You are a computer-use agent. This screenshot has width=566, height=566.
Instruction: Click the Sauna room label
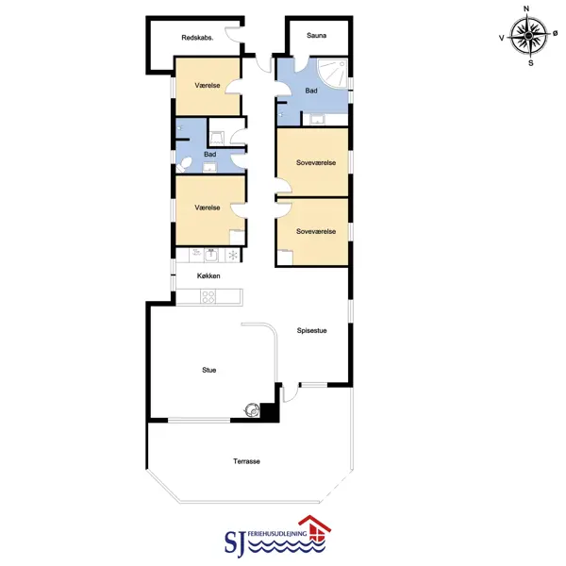pyautogui.click(x=317, y=36)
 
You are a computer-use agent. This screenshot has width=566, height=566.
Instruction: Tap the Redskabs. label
pyautogui.click(x=197, y=38)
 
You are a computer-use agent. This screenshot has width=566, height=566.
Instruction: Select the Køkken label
pyautogui.click(x=208, y=275)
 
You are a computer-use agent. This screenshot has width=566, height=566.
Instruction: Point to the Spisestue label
pyautogui.click(x=312, y=330)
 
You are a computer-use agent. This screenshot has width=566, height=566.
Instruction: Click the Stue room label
pyautogui.click(x=209, y=370)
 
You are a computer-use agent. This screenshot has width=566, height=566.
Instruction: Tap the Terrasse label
pyautogui.click(x=246, y=461)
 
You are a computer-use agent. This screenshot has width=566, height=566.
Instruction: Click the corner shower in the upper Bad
pyautogui.click(x=332, y=73)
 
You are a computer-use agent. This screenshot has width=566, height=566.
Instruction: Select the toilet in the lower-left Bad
pyautogui.click(x=184, y=164)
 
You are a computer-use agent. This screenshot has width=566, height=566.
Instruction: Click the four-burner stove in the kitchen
pyautogui.click(x=208, y=297)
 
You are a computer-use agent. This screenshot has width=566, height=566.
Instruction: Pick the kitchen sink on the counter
pyautogui.click(x=210, y=255)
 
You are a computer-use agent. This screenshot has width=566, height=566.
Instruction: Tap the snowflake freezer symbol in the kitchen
pyautogui.click(x=233, y=256)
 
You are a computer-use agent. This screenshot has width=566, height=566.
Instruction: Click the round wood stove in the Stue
pyautogui.click(x=252, y=409)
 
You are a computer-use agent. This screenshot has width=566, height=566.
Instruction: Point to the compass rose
pyautogui.click(x=529, y=36)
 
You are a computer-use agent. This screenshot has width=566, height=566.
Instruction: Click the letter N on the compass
pyautogui.click(x=526, y=8)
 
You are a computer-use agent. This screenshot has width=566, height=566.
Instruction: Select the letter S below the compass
pyautogui.click(x=530, y=63)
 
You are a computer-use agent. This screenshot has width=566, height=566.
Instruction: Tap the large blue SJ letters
pyautogui.click(x=236, y=542)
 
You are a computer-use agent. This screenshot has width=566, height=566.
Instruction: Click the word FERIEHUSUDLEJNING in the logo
pyautogui.click(x=277, y=534)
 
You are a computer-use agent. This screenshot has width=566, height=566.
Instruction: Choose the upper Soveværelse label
pyautogui.click(x=316, y=163)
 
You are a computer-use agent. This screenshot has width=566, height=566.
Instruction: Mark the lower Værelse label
pyautogui.click(x=208, y=208)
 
